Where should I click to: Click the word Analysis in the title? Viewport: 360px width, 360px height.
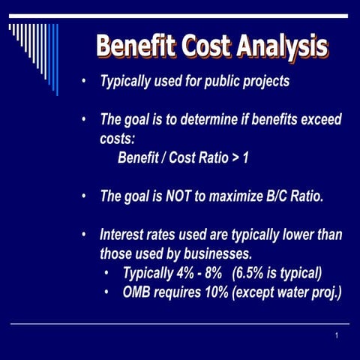pyautogui.click(x=284, y=46)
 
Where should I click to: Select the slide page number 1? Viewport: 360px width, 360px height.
pyautogui.click(x=337, y=335)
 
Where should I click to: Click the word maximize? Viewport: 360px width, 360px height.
pyautogui.click(x=235, y=196)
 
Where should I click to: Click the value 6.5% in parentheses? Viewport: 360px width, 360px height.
pyautogui.click(x=252, y=272)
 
